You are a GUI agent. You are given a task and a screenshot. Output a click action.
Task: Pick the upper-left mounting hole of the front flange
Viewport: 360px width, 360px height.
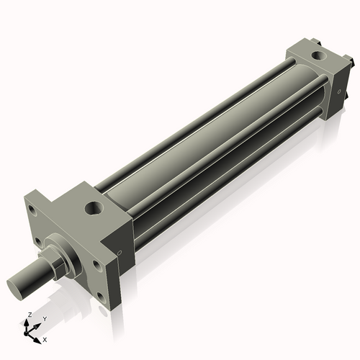coord(32,211)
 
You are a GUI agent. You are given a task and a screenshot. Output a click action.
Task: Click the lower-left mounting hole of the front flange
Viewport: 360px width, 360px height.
coord(36,241)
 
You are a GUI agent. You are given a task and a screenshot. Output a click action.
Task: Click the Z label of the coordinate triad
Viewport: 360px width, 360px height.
coord(28,315)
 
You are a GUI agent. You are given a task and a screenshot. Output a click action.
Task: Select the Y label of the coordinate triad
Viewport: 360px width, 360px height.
coord(44,318)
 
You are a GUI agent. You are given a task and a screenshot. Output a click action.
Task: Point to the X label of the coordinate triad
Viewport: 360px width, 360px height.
coord(45,338)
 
